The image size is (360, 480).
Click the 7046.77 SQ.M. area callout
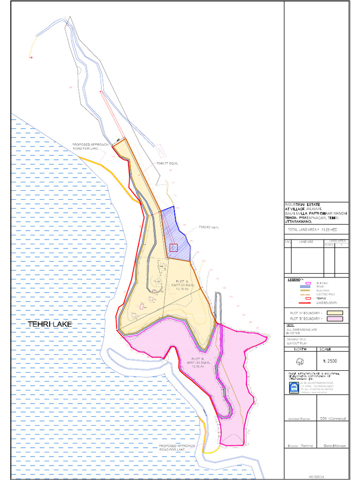pyautogui.click(x=168, y=163)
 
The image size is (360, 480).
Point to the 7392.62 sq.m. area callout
pyautogui.click(x=209, y=228)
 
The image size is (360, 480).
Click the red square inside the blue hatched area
pyautogui.click(x=173, y=248)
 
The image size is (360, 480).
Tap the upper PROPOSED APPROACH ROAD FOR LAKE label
pyautogui.click(x=90, y=147)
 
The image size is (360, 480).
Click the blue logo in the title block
pyautogui.click(x=294, y=387)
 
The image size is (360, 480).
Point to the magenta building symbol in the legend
pyautogui.click(x=308, y=283)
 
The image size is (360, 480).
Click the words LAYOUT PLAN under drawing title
pyautogui.click(x=297, y=344)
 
